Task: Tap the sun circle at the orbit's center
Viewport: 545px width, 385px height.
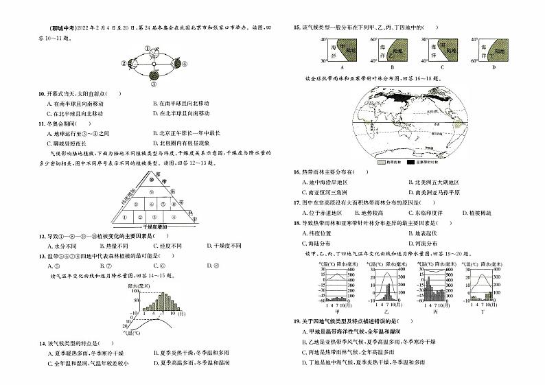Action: pos(154,65)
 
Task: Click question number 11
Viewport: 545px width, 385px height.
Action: pos(42,123)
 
